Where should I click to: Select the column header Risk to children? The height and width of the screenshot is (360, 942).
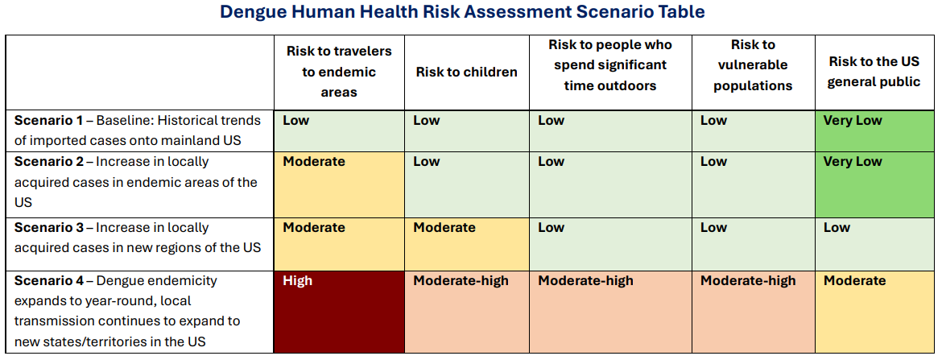pyautogui.click(x=466, y=72)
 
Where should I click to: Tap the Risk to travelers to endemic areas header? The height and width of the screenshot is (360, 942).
pyautogui.click(x=339, y=72)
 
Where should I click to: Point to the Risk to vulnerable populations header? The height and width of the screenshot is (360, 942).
pyautogui.click(x=753, y=65)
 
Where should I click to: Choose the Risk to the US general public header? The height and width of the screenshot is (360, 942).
pyautogui.click(x=874, y=72)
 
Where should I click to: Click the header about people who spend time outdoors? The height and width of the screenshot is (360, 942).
pyautogui.click(x=609, y=65)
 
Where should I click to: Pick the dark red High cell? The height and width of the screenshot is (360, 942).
pyautogui.click(x=339, y=312)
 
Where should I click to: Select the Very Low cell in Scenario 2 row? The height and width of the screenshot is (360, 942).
pyautogui.click(x=874, y=182)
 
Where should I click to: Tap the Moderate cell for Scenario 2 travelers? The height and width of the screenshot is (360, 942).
pyautogui.click(x=339, y=182)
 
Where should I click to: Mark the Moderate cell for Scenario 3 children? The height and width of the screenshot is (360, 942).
pyautogui.click(x=466, y=244)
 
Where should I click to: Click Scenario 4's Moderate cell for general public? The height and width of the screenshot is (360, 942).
pyautogui.click(x=874, y=312)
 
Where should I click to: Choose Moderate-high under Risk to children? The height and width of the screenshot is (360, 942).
pyautogui.click(x=466, y=312)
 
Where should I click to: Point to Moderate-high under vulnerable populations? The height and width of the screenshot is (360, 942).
pyautogui.click(x=753, y=312)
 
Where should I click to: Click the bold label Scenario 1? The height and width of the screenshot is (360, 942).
pyautogui.click(x=48, y=121)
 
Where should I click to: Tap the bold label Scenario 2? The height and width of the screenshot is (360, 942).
pyautogui.click(x=48, y=162)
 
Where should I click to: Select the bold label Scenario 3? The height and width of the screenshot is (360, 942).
pyautogui.click(x=48, y=228)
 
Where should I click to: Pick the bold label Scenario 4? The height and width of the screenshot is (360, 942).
pyautogui.click(x=48, y=281)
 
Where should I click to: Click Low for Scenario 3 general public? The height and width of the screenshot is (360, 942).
pyautogui.click(x=874, y=244)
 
